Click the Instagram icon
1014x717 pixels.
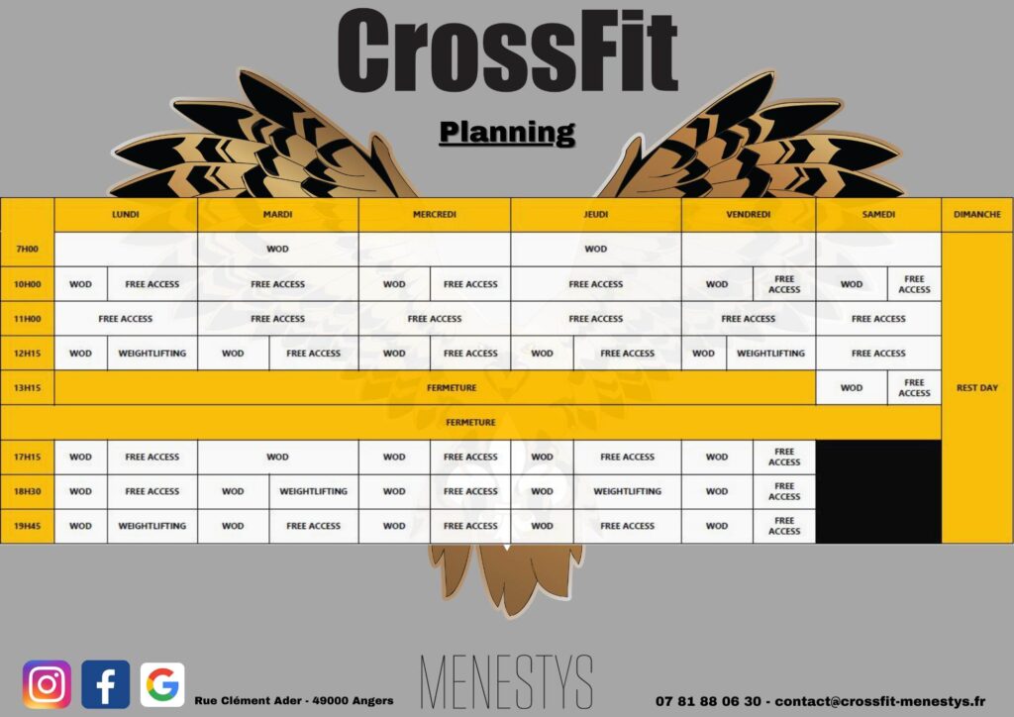(47, 684)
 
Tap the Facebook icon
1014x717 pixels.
(105, 684)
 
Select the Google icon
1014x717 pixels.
(162, 684)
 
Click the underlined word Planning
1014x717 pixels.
(507, 133)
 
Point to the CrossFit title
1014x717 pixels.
(508, 51)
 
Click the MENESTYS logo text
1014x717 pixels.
(506, 682)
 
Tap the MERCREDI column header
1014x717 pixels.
(435, 214)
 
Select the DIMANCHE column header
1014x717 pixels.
(977, 214)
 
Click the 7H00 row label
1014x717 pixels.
(27, 249)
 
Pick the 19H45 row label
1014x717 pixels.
(27, 526)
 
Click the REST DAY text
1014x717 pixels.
(977, 388)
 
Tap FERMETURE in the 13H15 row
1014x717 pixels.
(452, 388)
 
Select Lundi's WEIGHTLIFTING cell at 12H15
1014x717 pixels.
(152, 353)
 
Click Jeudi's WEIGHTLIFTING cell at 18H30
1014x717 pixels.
(627, 491)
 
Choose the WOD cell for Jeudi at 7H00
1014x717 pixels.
(595, 249)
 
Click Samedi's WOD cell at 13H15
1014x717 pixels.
(851, 388)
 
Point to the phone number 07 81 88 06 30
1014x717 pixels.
(708, 701)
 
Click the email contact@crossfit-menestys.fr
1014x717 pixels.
(880, 701)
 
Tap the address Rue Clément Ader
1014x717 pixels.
(248, 700)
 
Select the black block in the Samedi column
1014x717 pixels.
(878, 491)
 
